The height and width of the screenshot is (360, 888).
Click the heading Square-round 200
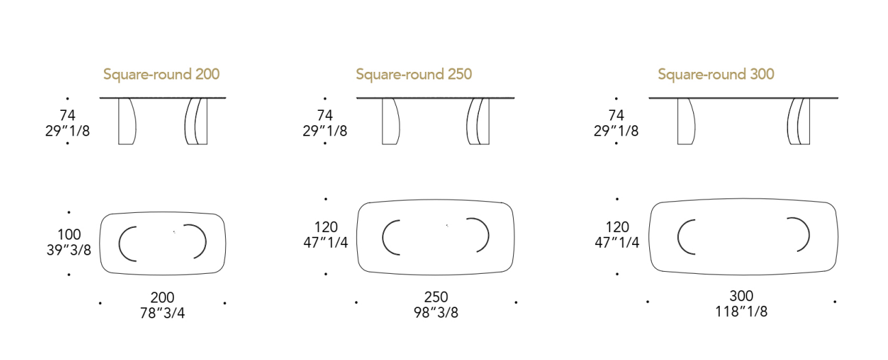(x=161, y=75)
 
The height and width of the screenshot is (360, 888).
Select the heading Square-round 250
(x=414, y=75)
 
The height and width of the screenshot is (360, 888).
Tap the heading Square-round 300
(x=716, y=75)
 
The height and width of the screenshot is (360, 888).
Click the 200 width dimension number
(x=162, y=297)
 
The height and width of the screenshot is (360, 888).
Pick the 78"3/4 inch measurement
(x=162, y=313)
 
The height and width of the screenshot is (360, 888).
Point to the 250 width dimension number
(x=436, y=297)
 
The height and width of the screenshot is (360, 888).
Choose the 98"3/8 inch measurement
(x=436, y=312)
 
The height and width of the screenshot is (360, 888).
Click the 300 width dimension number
(x=742, y=296)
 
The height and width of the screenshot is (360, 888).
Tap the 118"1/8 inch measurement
(x=742, y=311)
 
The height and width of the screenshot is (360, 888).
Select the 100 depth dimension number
(x=69, y=235)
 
